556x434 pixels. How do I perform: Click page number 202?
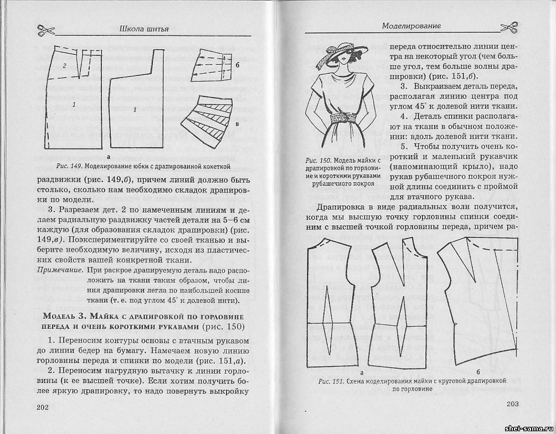coord(43,408)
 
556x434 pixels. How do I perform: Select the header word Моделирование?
coord(410,26)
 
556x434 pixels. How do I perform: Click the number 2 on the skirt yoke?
coord(65,65)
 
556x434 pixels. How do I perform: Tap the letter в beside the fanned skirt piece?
coord(237,124)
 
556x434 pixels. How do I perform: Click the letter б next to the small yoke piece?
coord(236,65)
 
